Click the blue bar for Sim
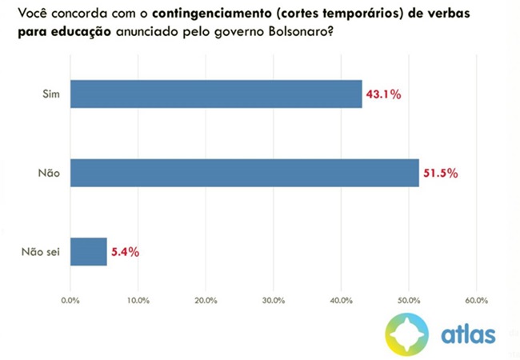point(216,94)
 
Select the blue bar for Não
point(244,173)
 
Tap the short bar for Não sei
point(88,251)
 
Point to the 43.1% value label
point(383,94)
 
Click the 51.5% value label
point(441,174)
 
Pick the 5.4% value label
point(125,252)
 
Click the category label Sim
point(52,94)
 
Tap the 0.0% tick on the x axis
point(70,301)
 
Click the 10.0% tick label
point(138,301)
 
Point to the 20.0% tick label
point(206,301)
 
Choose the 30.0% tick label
point(274,301)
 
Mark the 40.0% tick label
point(341,301)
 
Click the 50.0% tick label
point(409,301)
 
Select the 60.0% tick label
point(477,301)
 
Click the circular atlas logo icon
point(406,333)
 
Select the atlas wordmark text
point(469,332)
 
